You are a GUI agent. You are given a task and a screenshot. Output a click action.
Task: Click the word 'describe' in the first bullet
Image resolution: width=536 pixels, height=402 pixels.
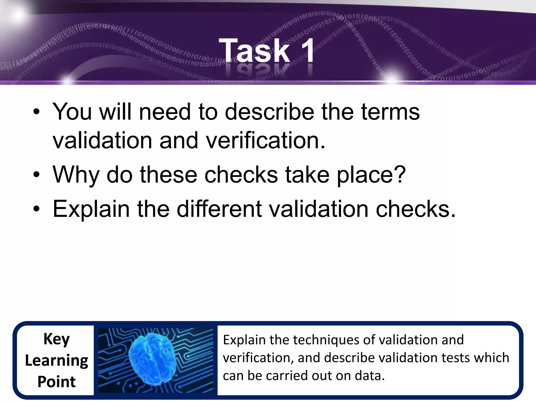[x=269, y=112]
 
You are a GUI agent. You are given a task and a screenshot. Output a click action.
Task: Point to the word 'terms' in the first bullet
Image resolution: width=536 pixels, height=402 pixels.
[x=390, y=112]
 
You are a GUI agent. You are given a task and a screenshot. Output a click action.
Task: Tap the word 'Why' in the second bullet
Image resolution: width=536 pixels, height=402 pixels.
[x=76, y=175]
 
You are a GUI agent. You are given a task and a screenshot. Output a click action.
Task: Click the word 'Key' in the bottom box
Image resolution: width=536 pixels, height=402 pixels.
[x=57, y=339]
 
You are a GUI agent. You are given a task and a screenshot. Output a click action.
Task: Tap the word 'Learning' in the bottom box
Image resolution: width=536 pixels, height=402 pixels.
[x=57, y=361]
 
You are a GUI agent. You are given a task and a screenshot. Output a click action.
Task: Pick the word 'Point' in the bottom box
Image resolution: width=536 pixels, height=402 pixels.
[x=57, y=382]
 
